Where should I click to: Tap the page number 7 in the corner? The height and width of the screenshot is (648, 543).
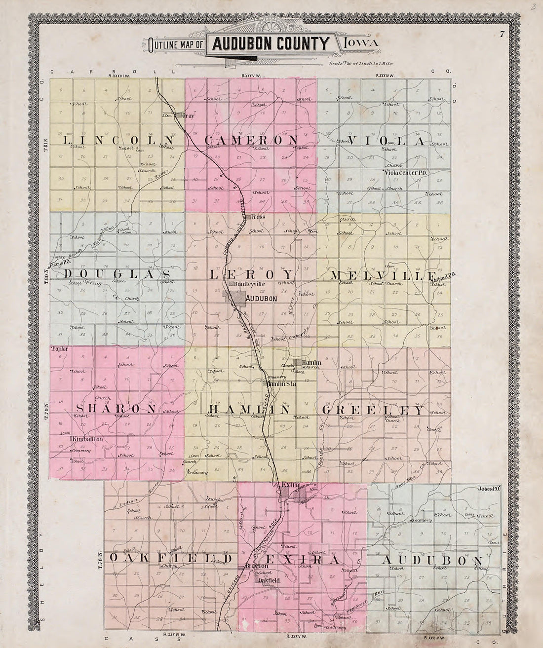pos(501,34)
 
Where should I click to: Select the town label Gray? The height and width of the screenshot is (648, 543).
pos(186,116)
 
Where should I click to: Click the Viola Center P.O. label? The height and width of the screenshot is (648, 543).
pos(406,173)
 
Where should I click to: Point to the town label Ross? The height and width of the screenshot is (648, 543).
pos(256,217)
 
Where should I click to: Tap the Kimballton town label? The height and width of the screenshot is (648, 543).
pos(86,438)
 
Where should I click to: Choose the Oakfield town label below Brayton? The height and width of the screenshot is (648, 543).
pos(269,581)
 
